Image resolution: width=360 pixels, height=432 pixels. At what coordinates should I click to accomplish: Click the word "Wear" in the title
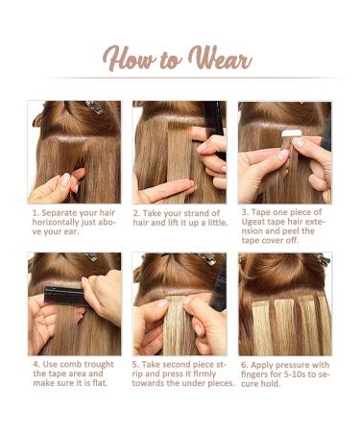click(220, 60)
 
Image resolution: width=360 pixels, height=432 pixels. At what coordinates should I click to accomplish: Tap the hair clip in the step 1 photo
click(93, 107)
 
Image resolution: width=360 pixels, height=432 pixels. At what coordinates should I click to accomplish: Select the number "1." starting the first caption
click(35, 211)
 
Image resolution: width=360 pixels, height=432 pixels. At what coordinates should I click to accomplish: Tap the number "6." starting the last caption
click(244, 365)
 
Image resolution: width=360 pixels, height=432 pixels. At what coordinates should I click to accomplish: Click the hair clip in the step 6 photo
click(323, 260)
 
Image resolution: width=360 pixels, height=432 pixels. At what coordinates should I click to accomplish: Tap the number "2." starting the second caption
click(137, 211)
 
